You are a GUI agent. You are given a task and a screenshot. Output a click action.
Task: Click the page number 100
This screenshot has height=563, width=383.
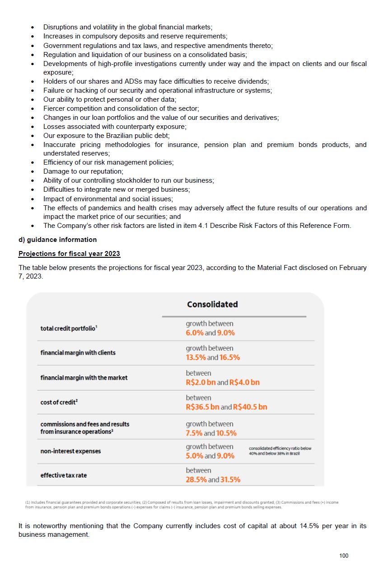(x=344, y=555)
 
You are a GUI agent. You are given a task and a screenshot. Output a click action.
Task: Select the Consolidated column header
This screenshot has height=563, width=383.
(x=212, y=304)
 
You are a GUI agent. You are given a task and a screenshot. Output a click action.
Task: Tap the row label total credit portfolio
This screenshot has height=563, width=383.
(x=68, y=328)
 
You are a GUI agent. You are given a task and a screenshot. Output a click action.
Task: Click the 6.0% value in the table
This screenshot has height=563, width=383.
(x=194, y=333)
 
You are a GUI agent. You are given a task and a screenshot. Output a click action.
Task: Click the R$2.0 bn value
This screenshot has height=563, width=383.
(x=201, y=383)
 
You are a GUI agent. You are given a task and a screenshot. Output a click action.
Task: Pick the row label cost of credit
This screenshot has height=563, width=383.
(x=59, y=402)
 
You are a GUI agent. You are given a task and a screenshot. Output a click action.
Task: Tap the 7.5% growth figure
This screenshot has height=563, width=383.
(x=194, y=433)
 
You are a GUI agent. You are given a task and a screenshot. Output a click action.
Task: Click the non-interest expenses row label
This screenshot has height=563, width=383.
(x=70, y=451)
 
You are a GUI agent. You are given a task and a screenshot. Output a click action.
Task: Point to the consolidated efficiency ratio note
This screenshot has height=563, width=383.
(x=280, y=451)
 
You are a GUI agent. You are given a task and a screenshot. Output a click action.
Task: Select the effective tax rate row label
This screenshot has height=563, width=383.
(x=64, y=475)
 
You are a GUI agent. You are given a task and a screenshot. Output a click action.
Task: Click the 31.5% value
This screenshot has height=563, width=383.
(x=230, y=480)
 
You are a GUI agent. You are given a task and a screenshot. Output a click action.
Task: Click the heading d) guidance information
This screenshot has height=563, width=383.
(x=57, y=239)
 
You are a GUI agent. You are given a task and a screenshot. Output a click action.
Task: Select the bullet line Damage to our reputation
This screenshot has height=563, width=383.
(x=83, y=171)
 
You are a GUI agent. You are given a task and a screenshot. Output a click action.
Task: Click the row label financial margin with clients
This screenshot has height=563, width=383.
(x=78, y=353)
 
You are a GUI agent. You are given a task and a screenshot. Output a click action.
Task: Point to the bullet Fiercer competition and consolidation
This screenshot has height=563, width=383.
(x=121, y=109)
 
